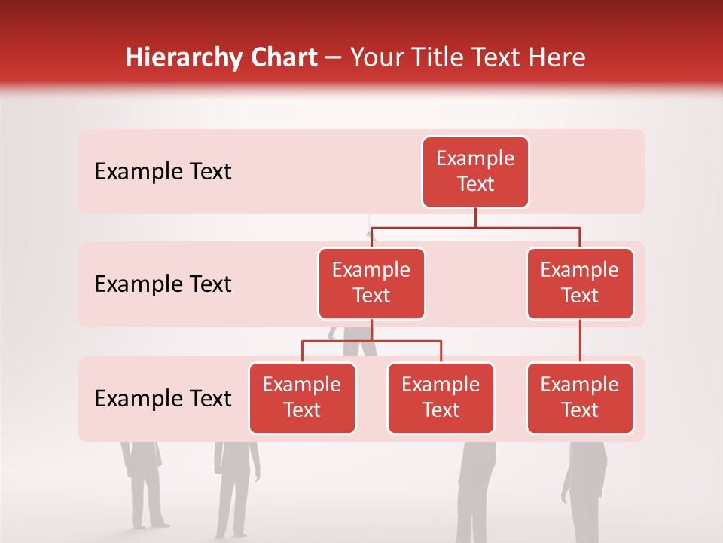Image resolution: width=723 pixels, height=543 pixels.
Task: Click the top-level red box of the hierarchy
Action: tap(475, 172)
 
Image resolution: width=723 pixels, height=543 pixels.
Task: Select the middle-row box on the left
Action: tap(371, 284)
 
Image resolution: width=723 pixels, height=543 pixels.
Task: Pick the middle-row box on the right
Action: tap(580, 284)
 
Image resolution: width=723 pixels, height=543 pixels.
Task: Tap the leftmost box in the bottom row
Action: tap(302, 398)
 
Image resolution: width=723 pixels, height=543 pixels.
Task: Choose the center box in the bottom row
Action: tap(441, 398)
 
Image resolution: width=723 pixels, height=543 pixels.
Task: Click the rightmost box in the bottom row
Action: tap(580, 398)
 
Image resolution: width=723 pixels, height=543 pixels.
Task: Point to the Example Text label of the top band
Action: tap(163, 172)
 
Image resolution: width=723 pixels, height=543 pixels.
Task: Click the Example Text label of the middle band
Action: tap(163, 284)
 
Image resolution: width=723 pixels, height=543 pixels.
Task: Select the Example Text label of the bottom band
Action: tap(163, 398)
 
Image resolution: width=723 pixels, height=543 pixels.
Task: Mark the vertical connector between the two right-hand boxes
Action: tap(580, 341)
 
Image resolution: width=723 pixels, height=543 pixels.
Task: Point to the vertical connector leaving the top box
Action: tap(475, 217)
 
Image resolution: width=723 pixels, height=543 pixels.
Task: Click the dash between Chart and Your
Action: tap(334, 59)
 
